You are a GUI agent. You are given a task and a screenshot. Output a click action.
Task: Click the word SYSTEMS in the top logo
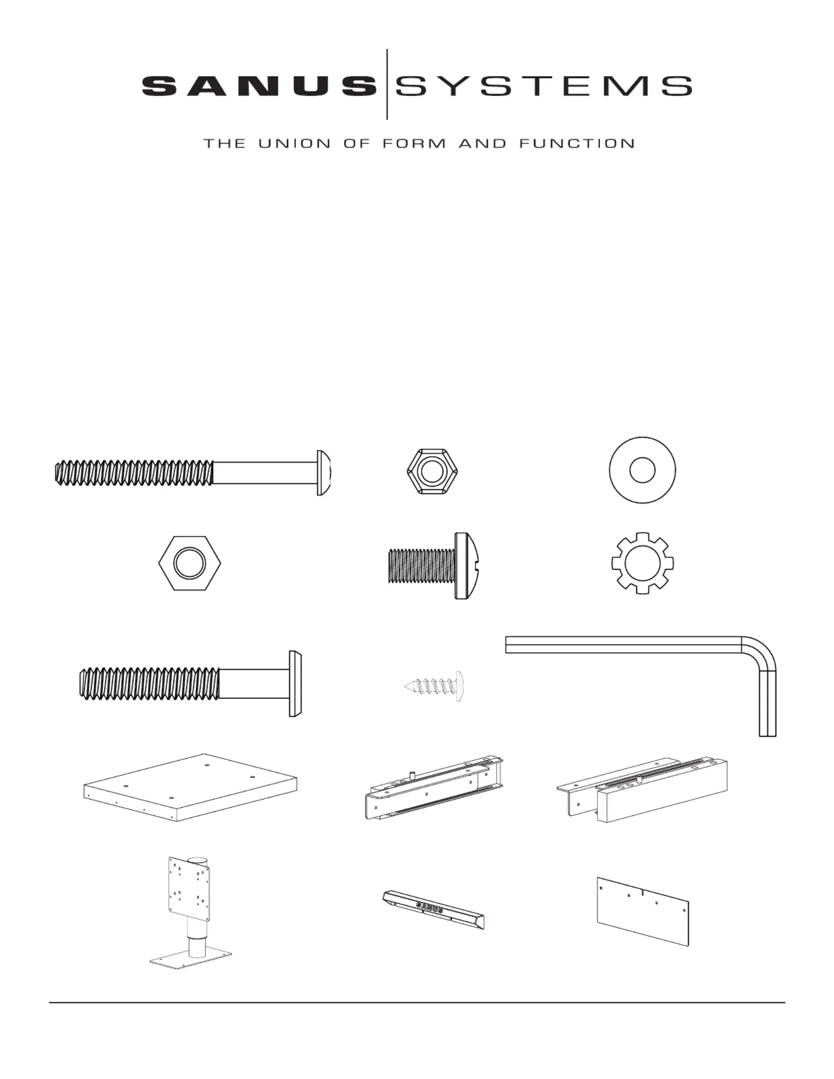coord(544,86)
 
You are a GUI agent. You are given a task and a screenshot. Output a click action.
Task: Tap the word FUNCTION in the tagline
coord(577,144)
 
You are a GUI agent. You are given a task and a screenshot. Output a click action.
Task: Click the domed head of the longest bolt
coord(323,473)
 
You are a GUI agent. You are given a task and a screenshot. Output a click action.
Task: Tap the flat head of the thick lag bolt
coord(295,684)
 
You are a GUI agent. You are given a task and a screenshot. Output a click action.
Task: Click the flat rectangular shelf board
coord(190,787)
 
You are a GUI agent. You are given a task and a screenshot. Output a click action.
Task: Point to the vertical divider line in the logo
coord(387,84)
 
